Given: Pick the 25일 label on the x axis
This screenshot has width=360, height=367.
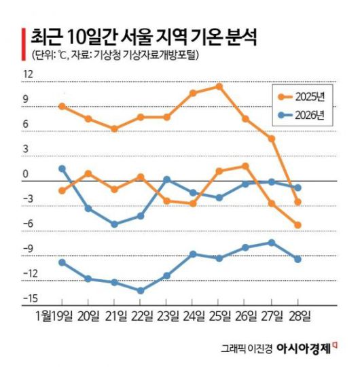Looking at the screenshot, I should [219, 316].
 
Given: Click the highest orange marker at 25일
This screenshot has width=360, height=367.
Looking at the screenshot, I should [219, 86].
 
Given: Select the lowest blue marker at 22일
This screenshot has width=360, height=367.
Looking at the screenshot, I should [141, 290].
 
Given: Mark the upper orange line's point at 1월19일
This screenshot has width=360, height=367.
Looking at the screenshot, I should [62, 106].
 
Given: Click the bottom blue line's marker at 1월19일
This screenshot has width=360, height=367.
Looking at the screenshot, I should [62, 262].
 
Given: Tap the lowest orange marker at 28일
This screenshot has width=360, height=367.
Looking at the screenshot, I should [298, 225].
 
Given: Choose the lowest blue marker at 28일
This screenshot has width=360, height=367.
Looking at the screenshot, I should [298, 259].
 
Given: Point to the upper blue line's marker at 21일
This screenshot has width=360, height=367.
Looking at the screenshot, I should [114, 224].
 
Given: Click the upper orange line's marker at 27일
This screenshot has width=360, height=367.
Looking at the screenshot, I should [272, 139].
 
